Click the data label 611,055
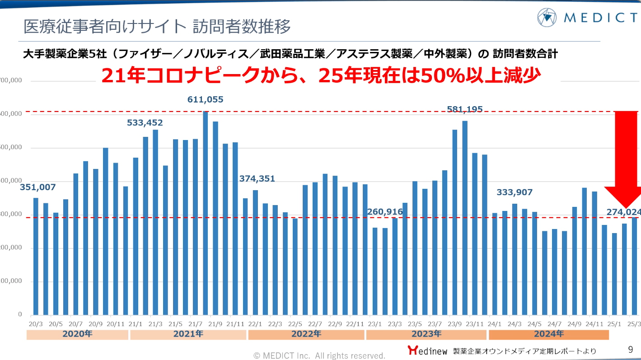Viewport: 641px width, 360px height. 206,100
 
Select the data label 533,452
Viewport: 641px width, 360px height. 145,123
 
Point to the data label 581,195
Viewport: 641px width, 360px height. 465,109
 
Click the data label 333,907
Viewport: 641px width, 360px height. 515,192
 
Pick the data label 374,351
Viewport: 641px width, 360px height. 257,179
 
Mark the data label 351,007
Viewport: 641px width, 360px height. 37,187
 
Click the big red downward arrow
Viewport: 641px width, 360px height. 626,158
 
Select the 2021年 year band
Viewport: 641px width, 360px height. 188,334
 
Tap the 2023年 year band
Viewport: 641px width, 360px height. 426,334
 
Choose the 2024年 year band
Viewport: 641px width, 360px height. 548,334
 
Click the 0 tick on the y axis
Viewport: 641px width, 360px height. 20,314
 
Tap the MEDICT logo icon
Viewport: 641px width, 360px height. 547,17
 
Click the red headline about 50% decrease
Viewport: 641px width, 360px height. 321,75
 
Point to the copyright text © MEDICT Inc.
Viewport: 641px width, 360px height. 319,355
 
